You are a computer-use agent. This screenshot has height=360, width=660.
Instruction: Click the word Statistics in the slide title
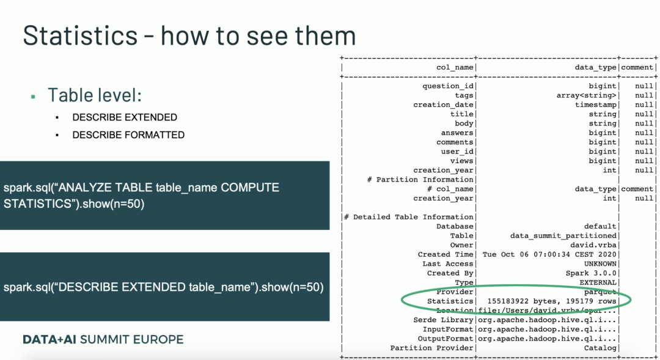(x=80, y=35)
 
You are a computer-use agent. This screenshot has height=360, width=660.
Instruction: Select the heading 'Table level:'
(x=95, y=95)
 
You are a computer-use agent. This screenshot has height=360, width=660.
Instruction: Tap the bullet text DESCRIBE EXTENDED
(x=125, y=117)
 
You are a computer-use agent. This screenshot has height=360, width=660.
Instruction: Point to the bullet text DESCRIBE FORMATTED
(x=128, y=134)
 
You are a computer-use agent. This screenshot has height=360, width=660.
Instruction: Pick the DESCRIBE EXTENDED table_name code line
(x=163, y=287)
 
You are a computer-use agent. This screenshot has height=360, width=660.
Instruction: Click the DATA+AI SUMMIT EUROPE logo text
(x=103, y=339)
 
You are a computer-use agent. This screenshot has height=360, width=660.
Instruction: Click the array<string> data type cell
(x=586, y=95)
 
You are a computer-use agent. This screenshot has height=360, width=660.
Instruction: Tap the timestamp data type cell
(x=596, y=105)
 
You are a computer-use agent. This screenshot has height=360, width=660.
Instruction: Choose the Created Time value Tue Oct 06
(x=549, y=254)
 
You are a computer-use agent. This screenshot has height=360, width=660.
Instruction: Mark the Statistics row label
(x=450, y=301)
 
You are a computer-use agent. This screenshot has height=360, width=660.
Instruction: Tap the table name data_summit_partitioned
(x=563, y=236)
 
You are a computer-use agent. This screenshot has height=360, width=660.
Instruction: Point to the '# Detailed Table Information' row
(x=409, y=217)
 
